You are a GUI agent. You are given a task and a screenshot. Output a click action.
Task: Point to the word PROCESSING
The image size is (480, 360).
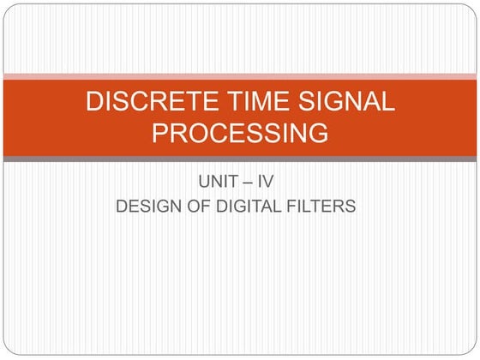pyautogui.click(x=240, y=134)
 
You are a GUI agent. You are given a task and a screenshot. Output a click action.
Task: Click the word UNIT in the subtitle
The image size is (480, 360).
pyautogui.click(x=219, y=183)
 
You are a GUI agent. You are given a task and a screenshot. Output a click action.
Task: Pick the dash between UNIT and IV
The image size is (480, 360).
pyautogui.click(x=249, y=183)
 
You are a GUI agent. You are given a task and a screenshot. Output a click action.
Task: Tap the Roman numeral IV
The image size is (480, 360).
pyautogui.click(x=269, y=183)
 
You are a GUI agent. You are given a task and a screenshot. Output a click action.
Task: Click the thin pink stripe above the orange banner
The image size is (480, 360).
pyautogui.click(x=240, y=76)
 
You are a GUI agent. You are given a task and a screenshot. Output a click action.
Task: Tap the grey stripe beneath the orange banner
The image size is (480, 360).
pyautogui.click(x=240, y=159)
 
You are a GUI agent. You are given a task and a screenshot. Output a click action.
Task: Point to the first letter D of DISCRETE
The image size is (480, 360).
pyautogui.click(x=93, y=101)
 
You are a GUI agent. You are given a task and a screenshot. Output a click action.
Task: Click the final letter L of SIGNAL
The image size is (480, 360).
pyautogui.click(x=387, y=101)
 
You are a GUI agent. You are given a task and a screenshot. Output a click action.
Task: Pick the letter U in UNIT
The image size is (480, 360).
pyautogui.click(x=204, y=183)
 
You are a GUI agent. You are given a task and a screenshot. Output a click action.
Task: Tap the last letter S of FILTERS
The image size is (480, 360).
pyautogui.click(x=350, y=206)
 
